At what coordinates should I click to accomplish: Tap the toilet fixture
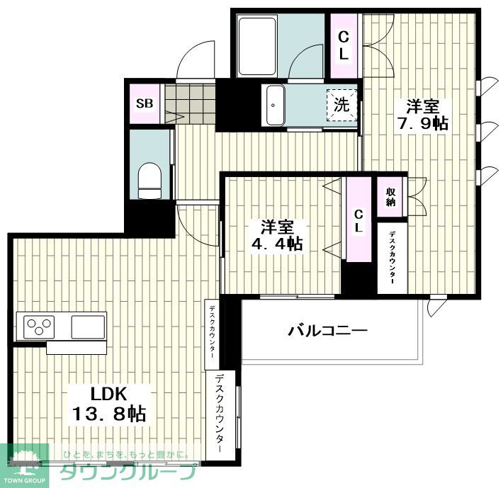[x=150, y=180]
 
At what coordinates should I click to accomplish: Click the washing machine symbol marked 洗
[x=341, y=106]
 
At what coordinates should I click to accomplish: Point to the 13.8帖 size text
[x=108, y=414]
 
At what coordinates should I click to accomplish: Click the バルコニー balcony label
[x=327, y=331]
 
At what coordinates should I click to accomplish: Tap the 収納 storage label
[x=391, y=196]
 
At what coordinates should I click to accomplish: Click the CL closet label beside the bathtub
[x=344, y=44]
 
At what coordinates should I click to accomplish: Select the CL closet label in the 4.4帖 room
[x=358, y=221]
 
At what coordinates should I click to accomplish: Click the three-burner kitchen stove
[x=40, y=327]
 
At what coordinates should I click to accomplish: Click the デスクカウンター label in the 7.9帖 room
[x=392, y=258]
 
